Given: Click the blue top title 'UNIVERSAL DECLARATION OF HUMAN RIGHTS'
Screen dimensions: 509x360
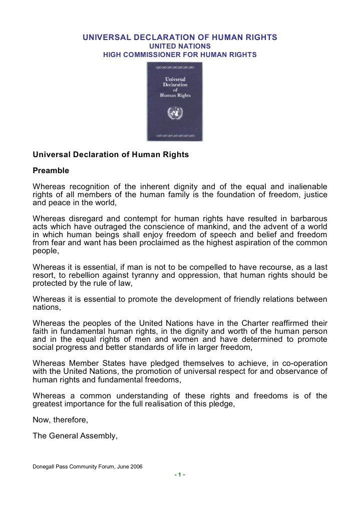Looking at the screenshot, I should pyautogui.click(x=180, y=38).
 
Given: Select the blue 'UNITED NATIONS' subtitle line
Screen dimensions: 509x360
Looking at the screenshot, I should pyautogui.click(x=180, y=46).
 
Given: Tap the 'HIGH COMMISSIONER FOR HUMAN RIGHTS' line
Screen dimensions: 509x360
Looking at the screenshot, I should pyautogui.click(x=180, y=55).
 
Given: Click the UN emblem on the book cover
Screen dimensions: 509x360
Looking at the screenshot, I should pyautogui.click(x=174, y=113).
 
